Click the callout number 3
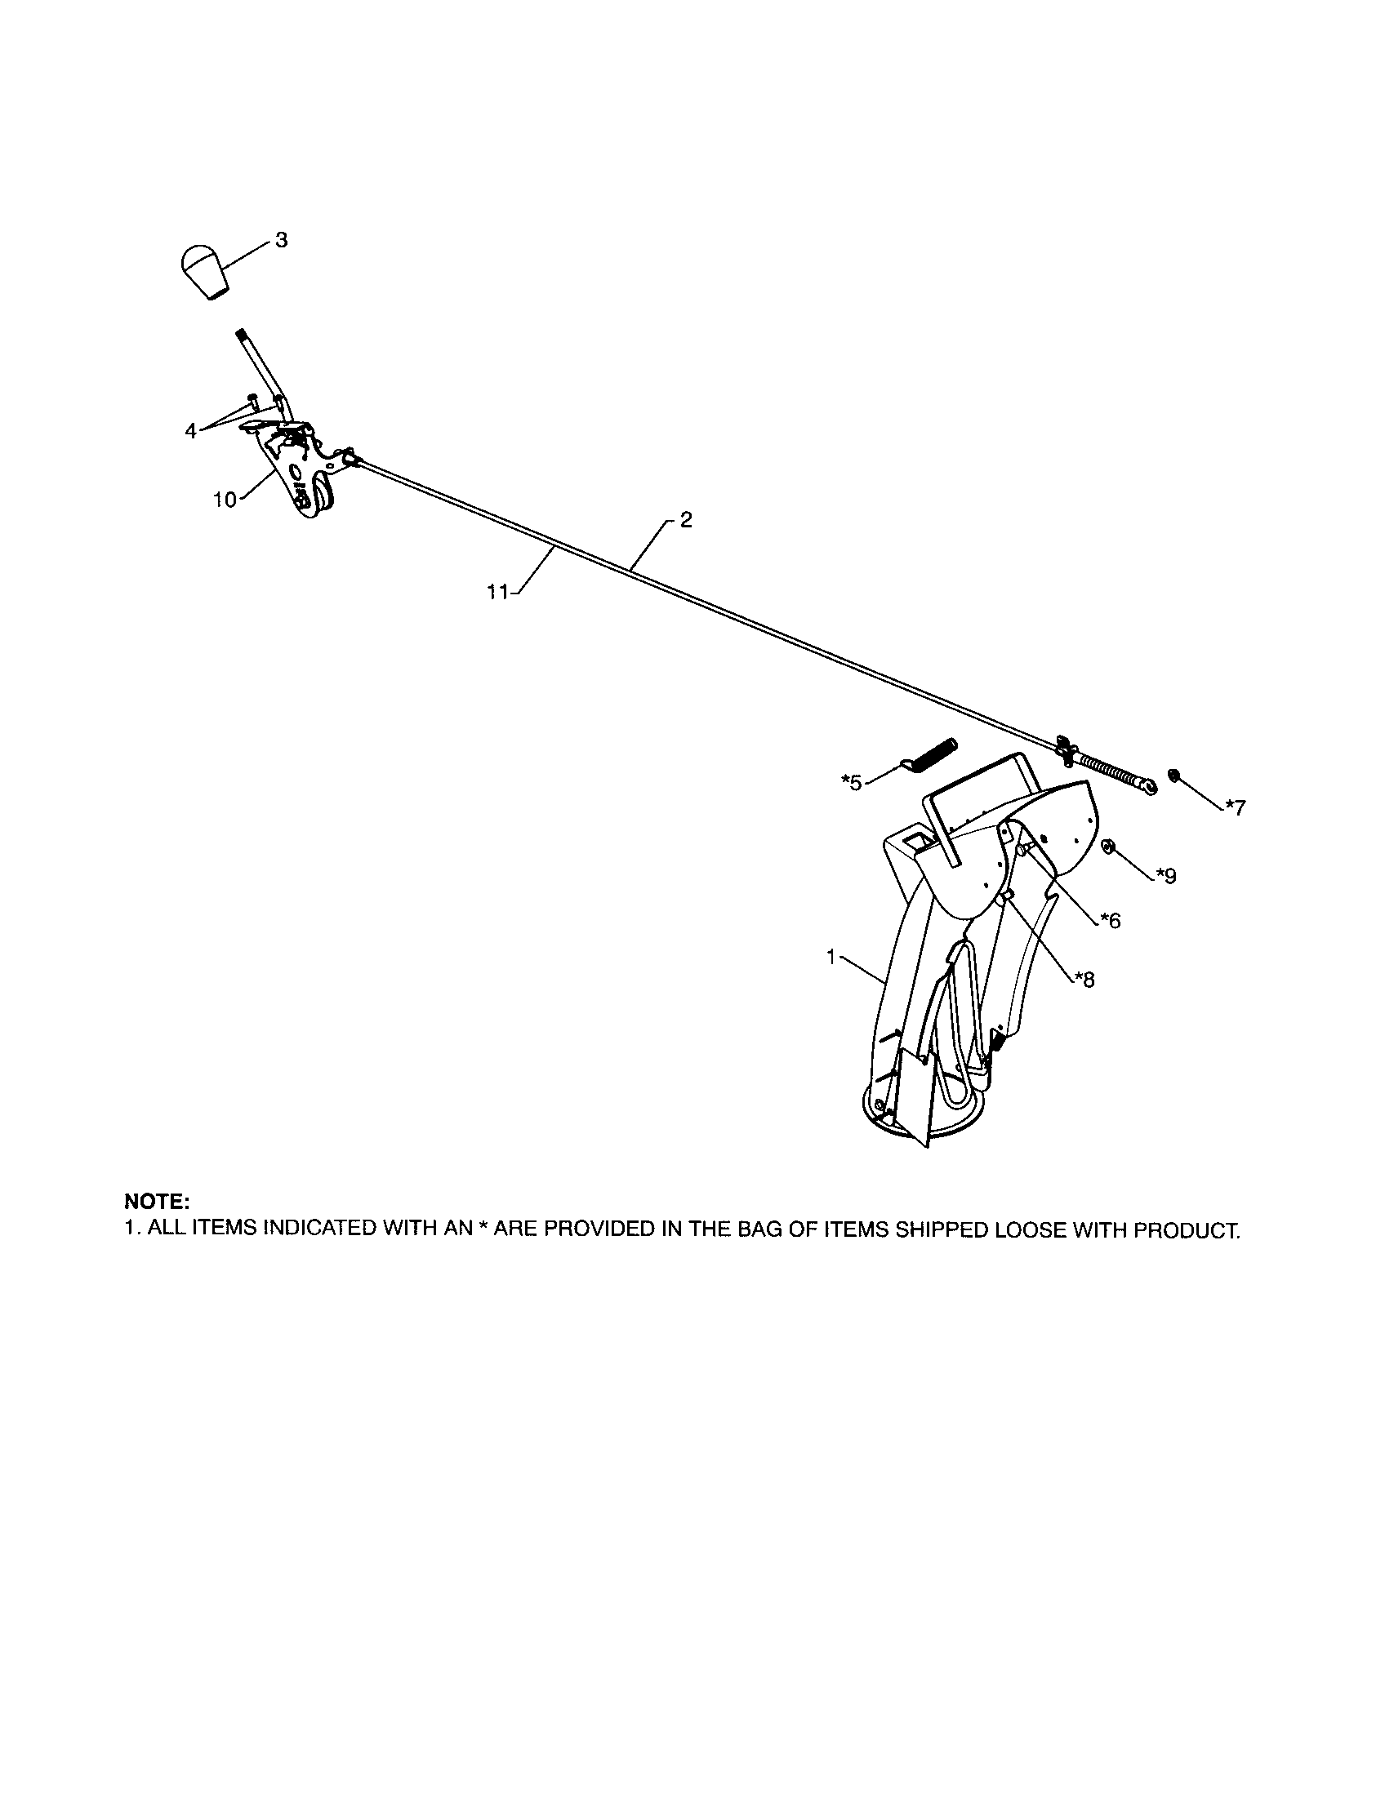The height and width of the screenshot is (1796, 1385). (281, 241)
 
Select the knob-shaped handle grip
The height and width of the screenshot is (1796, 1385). (204, 270)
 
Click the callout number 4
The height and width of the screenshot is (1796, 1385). (191, 431)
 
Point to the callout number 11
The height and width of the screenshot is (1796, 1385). (498, 591)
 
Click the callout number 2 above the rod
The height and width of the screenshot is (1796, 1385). (686, 520)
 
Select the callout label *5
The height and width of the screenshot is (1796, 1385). (851, 782)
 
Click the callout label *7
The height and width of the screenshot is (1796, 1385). (1235, 807)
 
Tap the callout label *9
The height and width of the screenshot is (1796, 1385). (1165, 876)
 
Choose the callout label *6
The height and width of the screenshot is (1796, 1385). (1111, 920)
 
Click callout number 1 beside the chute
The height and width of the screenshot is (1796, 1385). (831, 958)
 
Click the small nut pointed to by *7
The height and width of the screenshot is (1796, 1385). (1174, 775)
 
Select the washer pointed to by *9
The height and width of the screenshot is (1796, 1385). (1108, 847)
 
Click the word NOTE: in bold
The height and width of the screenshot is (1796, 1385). (157, 1202)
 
